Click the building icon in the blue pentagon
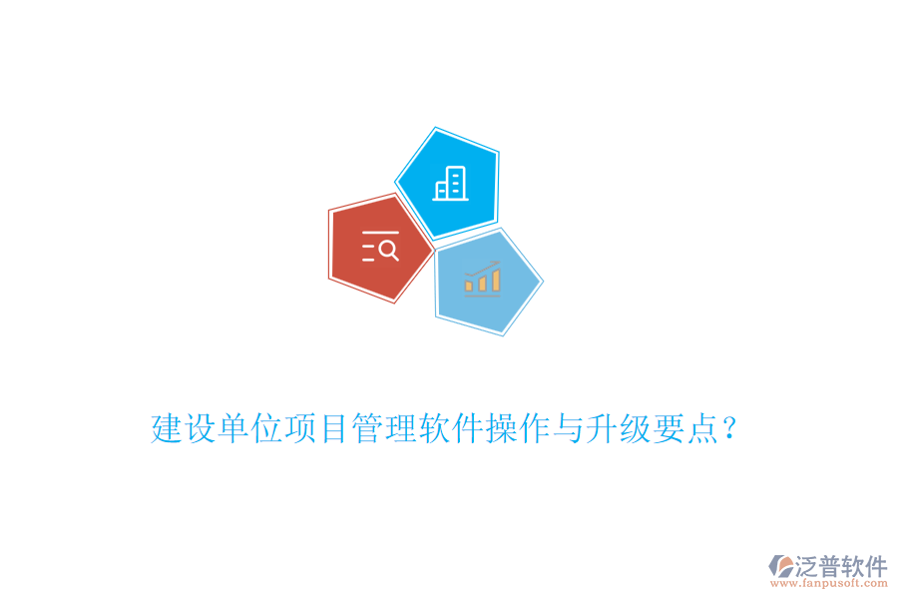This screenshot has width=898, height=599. (448, 185)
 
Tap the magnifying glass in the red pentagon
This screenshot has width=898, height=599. (388, 250)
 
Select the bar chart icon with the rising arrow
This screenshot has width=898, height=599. (483, 278)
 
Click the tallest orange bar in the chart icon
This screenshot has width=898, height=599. (495, 280)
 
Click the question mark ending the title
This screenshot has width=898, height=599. (729, 431)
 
